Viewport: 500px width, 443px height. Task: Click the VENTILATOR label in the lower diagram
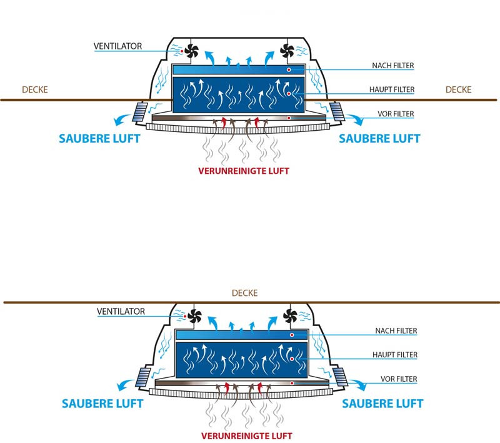(121, 311)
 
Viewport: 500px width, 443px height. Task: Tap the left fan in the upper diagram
(191, 49)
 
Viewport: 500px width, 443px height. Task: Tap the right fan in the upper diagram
(288, 49)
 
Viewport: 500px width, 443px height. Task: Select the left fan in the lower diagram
(194, 316)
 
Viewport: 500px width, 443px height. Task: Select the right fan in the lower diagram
(291, 316)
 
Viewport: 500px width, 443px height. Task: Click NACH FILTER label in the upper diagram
(393, 65)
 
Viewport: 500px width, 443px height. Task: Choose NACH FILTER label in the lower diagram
(396, 331)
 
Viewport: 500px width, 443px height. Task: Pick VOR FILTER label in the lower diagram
(399, 379)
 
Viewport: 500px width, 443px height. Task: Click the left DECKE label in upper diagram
(34, 90)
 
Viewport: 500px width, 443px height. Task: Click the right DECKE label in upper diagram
(458, 90)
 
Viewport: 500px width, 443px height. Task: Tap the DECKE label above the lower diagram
(244, 293)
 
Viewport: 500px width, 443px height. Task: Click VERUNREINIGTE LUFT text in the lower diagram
(246, 435)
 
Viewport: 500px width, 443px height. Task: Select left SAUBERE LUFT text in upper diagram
(99, 138)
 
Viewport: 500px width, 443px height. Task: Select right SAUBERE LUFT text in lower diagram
(382, 404)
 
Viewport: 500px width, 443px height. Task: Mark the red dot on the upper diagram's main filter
(289, 94)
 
